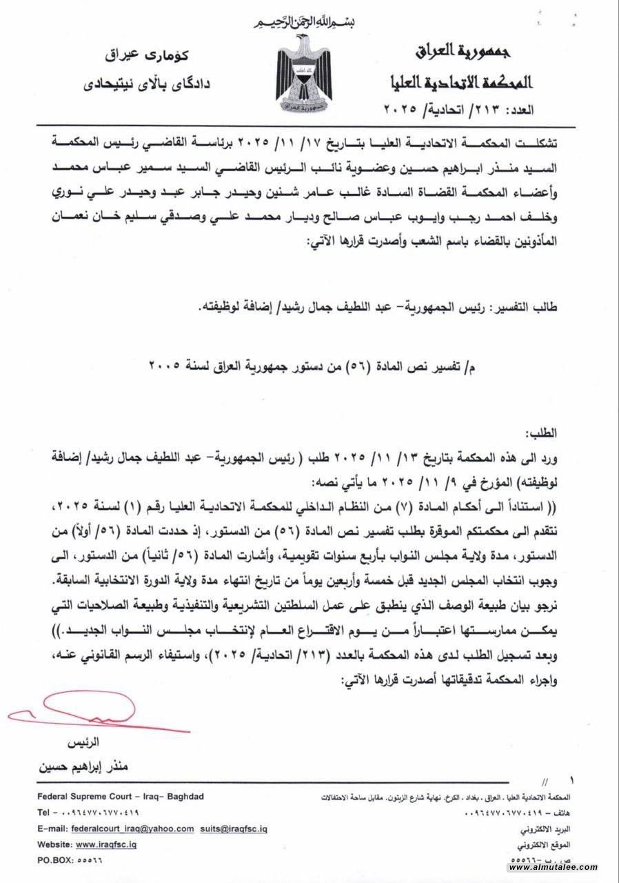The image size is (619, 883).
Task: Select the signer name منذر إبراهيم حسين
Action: [84, 767]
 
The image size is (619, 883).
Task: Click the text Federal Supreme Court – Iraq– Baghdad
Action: [121, 796]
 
